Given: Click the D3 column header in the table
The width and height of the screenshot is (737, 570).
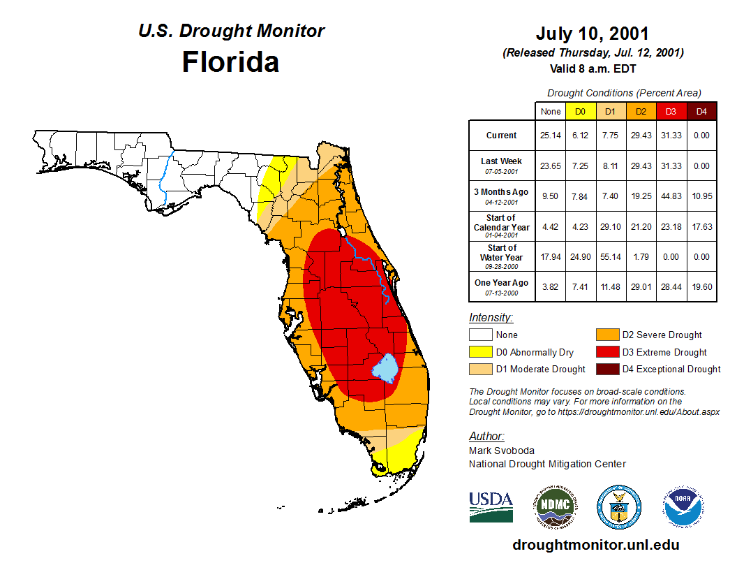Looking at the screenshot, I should point(671,111).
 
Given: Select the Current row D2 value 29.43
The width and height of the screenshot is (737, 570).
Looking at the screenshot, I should point(641,136).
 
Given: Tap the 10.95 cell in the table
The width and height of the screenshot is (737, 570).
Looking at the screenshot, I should point(701,196).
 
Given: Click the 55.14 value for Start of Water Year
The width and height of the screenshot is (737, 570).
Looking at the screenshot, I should point(611,256).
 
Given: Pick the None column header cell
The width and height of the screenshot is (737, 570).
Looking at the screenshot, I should point(551,111).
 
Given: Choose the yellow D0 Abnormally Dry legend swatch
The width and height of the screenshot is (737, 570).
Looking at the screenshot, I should point(480,352).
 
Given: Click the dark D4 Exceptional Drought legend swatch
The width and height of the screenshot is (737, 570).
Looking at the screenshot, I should point(606,369).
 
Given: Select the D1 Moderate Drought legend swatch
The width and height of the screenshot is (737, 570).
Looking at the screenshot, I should point(480,369).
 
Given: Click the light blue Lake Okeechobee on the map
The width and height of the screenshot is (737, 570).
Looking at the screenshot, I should point(385,367).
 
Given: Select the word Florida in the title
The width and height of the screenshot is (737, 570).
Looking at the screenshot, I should point(230,62).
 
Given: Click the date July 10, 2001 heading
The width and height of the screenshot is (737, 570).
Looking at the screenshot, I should point(593,34).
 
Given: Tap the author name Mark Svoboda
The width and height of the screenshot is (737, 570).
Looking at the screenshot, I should point(502,451).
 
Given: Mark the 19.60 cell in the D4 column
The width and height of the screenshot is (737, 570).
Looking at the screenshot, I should point(701,286).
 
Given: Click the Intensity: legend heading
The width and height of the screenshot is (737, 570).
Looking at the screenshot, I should point(491,318).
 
